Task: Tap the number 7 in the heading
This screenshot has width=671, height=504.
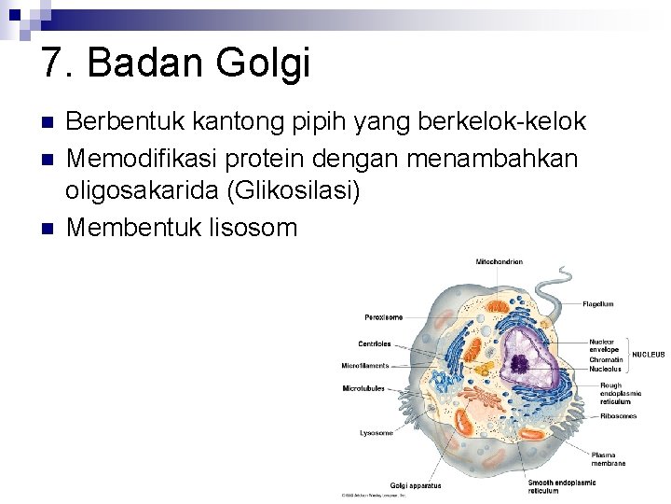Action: (x=52, y=63)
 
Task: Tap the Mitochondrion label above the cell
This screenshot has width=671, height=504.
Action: (x=499, y=262)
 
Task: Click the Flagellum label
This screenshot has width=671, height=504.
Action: (x=598, y=304)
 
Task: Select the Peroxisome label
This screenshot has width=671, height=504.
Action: (x=384, y=317)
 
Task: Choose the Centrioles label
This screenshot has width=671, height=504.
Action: (x=375, y=344)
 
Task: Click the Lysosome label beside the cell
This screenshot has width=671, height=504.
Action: (x=377, y=433)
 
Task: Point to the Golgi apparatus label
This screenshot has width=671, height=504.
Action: (x=416, y=485)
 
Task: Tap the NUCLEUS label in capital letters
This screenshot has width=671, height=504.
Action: (x=649, y=355)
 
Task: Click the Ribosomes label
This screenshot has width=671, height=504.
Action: (x=618, y=416)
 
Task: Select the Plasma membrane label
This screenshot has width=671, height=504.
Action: (x=608, y=459)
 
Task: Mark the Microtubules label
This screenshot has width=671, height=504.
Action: (x=363, y=388)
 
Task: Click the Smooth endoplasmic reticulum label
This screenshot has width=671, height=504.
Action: (x=562, y=486)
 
